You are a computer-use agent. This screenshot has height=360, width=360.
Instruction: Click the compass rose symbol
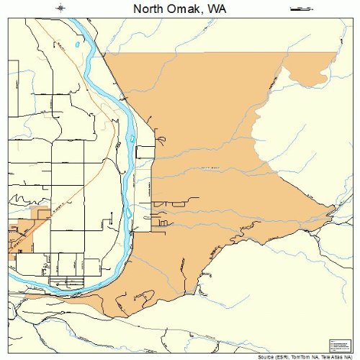coord(61,9)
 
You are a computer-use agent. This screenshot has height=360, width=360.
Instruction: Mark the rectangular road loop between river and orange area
coord(145,152)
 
